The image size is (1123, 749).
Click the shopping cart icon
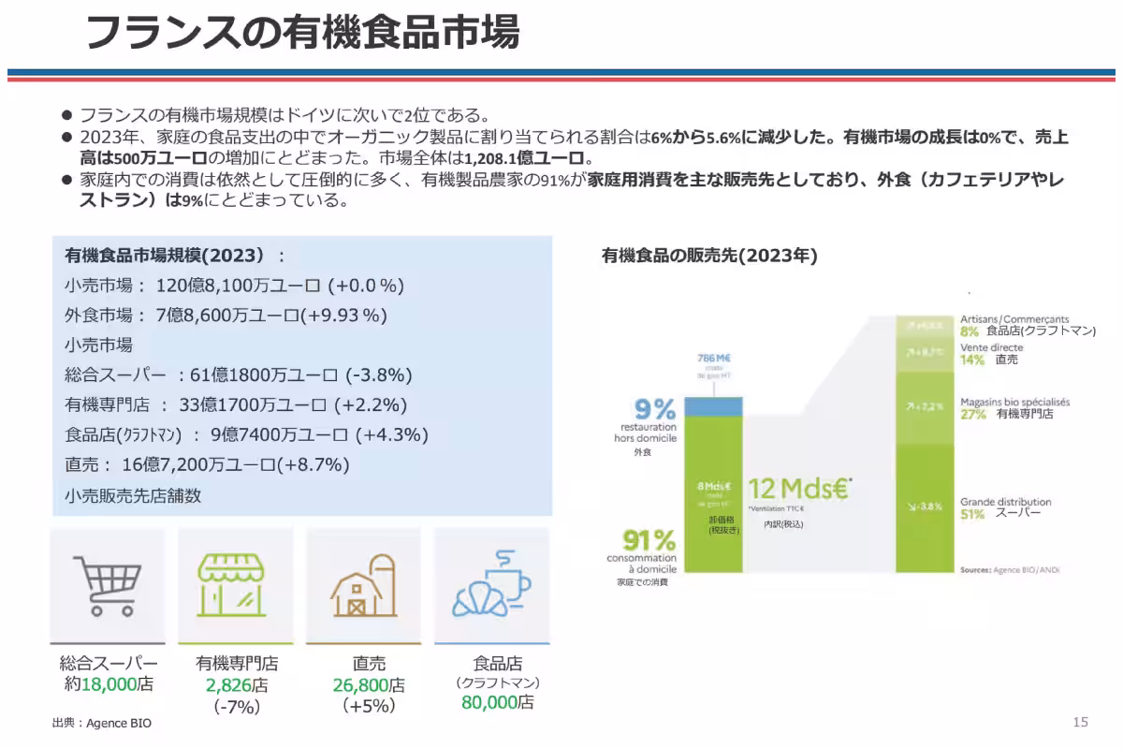(x=107, y=586)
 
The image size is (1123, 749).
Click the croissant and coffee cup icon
(x=490, y=586)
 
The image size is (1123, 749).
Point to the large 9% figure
(x=655, y=409)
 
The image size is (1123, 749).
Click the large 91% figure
(x=649, y=540)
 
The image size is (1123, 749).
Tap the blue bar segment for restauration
(x=713, y=405)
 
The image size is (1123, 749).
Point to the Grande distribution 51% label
(x=1005, y=508)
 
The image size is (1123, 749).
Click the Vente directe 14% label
(x=991, y=353)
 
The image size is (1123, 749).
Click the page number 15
(x=1080, y=722)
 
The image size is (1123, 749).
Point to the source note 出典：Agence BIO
(x=101, y=724)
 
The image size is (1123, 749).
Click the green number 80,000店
(x=497, y=702)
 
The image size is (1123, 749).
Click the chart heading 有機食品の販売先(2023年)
(x=708, y=255)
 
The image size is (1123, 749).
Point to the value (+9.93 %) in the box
(x=345, y=315)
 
